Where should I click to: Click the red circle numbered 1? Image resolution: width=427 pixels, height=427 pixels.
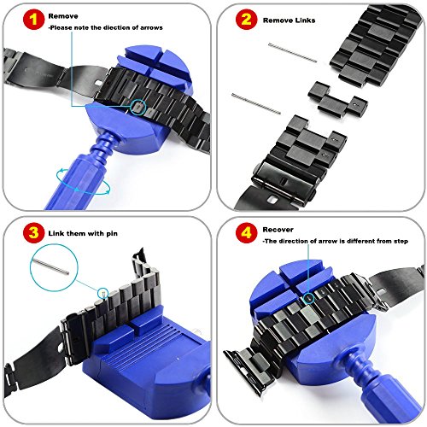(x=34, y=20)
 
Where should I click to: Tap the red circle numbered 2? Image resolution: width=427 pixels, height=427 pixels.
(x=247, y=20)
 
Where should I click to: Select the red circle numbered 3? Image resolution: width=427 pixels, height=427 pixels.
(x=34, y=232)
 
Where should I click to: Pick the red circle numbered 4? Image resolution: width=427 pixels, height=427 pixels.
(x=247, y=232)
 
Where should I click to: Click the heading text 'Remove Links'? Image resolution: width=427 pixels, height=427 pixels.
(x=289, y=20)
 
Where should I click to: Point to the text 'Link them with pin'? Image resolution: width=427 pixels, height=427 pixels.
(x=83, y=233)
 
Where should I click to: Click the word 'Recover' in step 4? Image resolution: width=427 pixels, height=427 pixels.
(x=278, y=230)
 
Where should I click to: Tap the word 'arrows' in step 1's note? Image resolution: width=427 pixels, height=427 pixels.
(x=151, y=28)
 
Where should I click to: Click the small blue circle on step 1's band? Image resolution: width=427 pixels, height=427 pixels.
(x=138, y=108)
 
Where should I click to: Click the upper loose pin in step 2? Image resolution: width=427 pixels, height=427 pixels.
(x=293, y=52)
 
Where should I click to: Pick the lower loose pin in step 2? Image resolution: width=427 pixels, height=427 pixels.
(x=256, y=103)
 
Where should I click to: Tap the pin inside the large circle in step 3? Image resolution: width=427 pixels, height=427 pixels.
(x=50, y=266)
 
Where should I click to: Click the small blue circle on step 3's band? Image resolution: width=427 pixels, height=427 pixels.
(x=102, y=293)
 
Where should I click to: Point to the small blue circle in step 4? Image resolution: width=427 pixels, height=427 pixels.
(x=308, y=298)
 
